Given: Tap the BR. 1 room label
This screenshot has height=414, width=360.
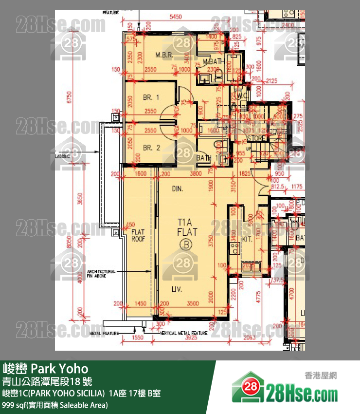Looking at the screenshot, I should (x=151, y=98).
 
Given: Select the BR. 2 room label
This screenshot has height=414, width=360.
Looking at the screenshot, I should (x=151, y=148).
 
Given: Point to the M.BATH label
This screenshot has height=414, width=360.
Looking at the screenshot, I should (x=213, y=61).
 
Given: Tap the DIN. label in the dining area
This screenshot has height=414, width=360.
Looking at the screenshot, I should (x=178, y=188).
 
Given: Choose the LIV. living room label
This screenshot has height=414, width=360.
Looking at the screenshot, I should (x=177, y=290).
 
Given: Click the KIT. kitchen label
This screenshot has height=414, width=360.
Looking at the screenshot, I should (x=247, y=240).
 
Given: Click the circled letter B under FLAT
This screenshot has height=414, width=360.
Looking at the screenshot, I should (x=185, y=245).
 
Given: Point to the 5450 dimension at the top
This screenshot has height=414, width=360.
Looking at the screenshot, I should (x=176, y=17).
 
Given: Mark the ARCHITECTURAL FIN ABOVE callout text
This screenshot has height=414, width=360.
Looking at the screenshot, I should (x=101, y=274).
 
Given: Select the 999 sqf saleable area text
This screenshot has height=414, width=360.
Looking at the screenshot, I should (x=55, y=405).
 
